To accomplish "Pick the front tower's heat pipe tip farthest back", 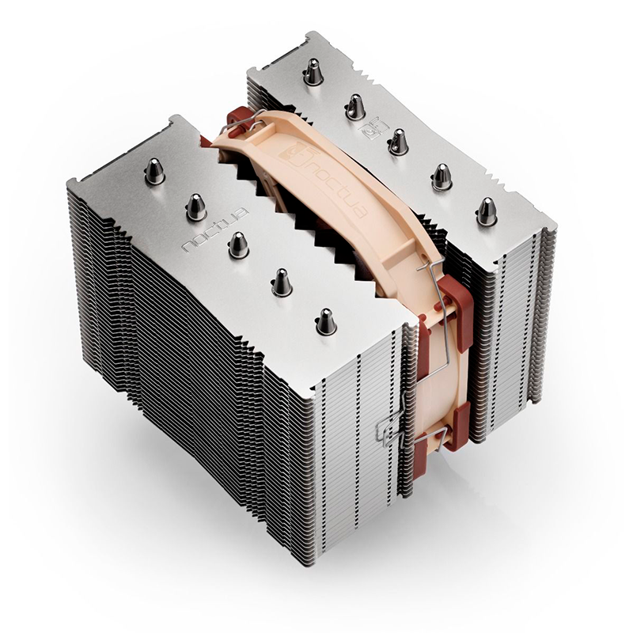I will (154, 170).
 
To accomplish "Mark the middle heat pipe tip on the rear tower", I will (398, 141).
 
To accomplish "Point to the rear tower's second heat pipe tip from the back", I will (355, 105).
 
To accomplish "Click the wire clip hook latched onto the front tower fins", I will (390, 431).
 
